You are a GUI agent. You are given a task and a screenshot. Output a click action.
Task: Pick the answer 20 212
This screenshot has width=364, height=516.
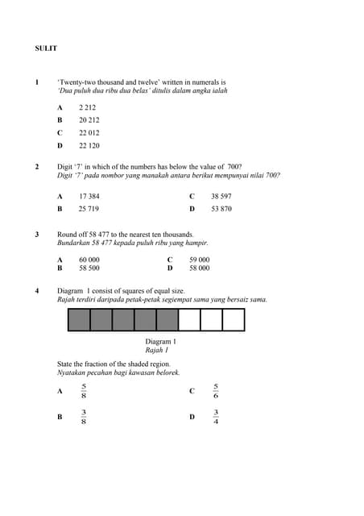click(x=89, y=120)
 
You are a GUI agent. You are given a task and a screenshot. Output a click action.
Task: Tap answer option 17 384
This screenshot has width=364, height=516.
click(x=89, y=196)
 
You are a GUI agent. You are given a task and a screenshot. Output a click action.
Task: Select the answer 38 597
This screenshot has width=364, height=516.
click(x=221, y=196)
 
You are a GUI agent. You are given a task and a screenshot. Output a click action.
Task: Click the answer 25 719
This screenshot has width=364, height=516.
click(x=89, y=209)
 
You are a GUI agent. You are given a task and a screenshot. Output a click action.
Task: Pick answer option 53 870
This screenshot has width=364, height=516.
click(x=221, y=209)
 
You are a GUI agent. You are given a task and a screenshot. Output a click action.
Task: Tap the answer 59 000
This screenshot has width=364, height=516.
click(x=199, y=260)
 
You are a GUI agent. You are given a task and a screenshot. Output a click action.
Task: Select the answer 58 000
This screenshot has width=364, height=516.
click(x=199, y=268)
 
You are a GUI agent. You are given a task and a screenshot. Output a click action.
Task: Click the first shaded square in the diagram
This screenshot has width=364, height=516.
click(x=79, y=320)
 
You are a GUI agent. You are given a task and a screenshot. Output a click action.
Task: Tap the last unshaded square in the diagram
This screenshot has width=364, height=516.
click(x=233, y=320)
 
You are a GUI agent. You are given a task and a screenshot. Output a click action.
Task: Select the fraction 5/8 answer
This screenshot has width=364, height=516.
click(x=85, y=391)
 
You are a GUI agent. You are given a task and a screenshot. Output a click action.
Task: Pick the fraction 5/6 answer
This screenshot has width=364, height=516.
click(x=215, y=391)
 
